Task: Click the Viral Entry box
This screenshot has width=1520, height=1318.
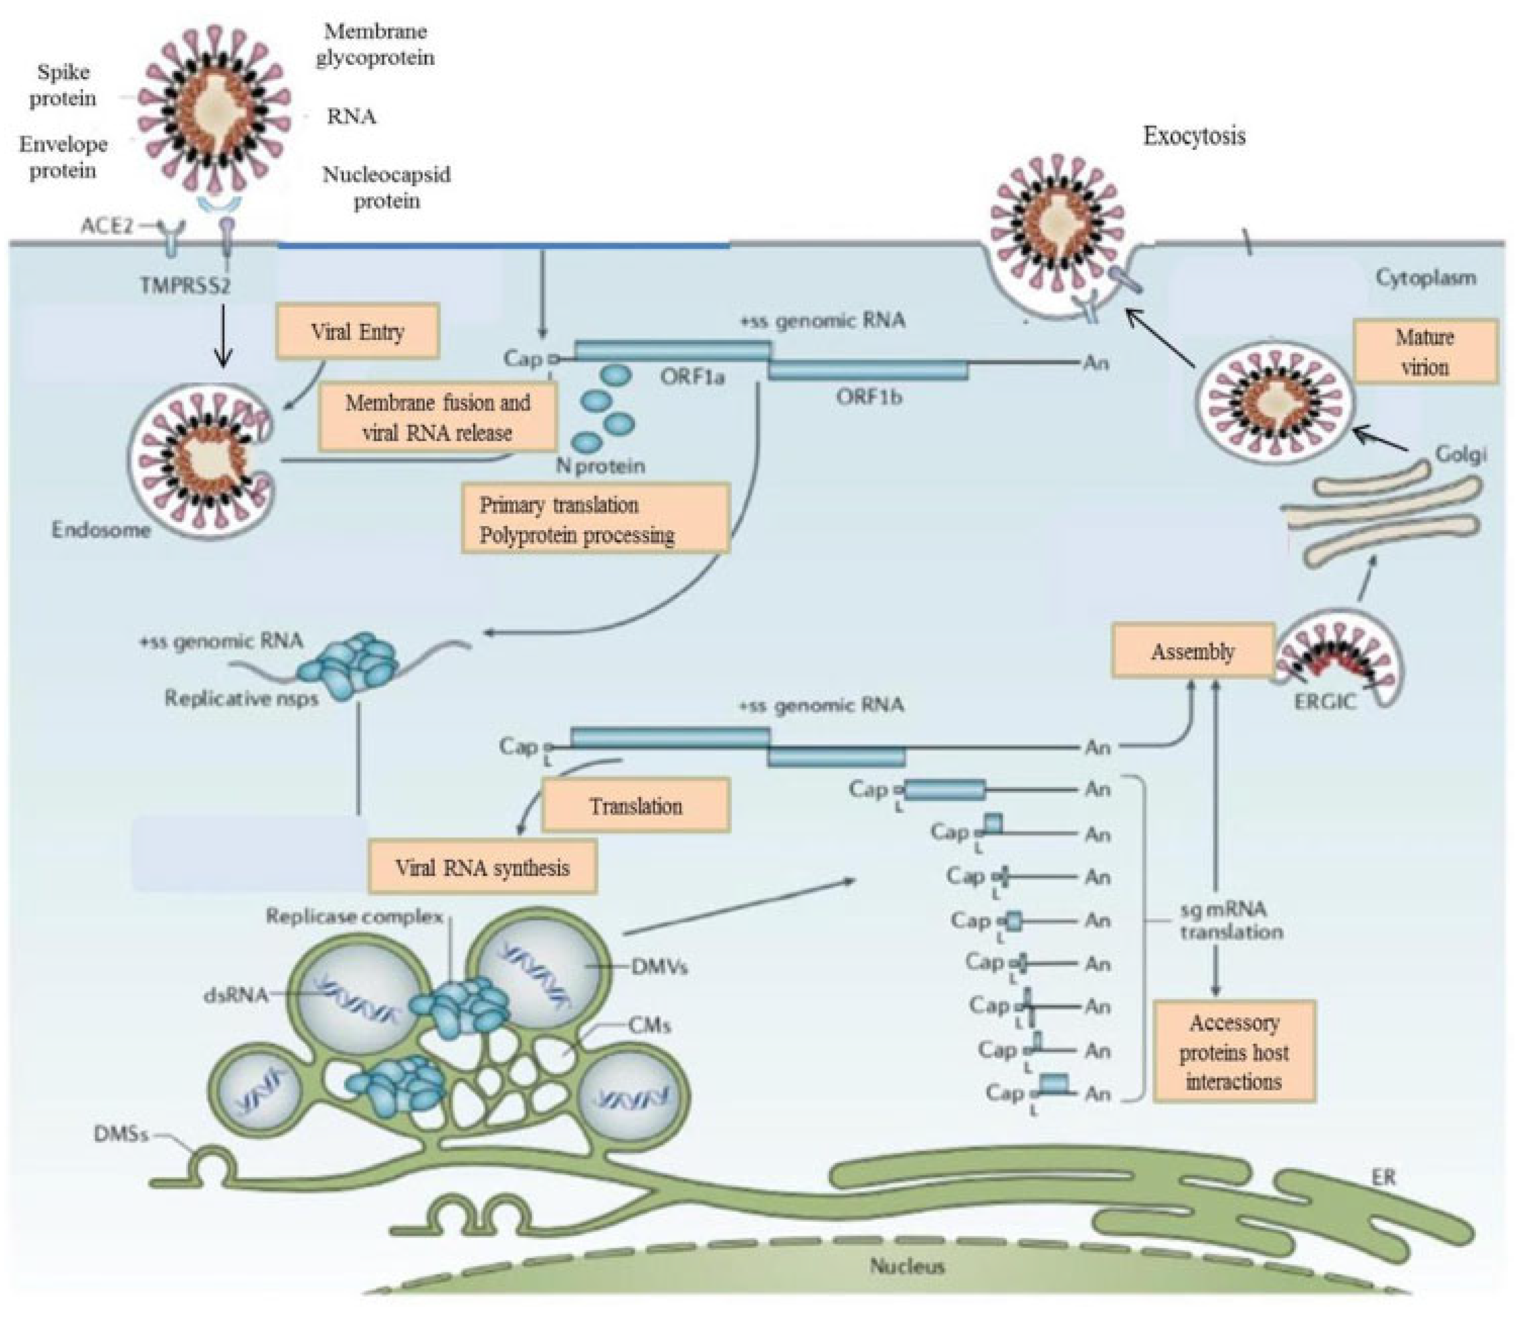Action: (357, 332)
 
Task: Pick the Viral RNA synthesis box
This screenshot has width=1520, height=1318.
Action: (482, 867)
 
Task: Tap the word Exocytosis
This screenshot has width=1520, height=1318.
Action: (1193, 136)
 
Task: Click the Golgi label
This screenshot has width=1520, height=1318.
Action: (1460, 455)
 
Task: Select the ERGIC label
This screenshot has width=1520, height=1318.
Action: (1324, 701)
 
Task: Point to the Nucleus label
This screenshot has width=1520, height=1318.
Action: (907, 1266)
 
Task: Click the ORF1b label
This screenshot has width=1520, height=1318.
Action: (869, 397)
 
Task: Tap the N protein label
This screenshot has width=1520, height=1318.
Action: (601, 466)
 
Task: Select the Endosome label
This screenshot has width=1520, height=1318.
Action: (101, 530)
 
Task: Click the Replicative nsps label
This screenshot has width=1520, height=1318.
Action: (241, 697)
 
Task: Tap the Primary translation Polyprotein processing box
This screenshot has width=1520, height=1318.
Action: (595, 519)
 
